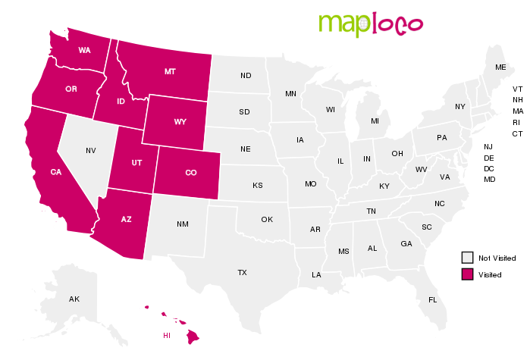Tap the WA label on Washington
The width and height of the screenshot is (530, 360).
(x=84, y=50)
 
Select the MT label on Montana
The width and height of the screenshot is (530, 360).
(x=170, y=71)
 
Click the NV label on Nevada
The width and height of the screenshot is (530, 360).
(x=91, y=150)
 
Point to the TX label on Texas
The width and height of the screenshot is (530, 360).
(x=242, y=271)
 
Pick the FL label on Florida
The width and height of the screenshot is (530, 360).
(x=432, y=299)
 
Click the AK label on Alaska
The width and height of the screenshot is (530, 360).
(x=74, y=299)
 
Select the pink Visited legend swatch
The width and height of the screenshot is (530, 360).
(x=469, y=274)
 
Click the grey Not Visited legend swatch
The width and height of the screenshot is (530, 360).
(x=469, y=258)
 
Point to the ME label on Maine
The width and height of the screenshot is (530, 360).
(x=500, y=67)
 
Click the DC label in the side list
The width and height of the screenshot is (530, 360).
(x=489, y=168)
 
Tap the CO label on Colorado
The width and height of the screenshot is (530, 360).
(x=190, y=173)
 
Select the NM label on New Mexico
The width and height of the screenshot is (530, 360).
(x=183, y=224)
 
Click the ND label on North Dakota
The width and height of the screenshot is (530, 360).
(x=246, y=76)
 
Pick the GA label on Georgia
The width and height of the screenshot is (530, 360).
(x=406, y=243)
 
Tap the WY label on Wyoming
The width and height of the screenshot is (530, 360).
(x=180, y=121)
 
